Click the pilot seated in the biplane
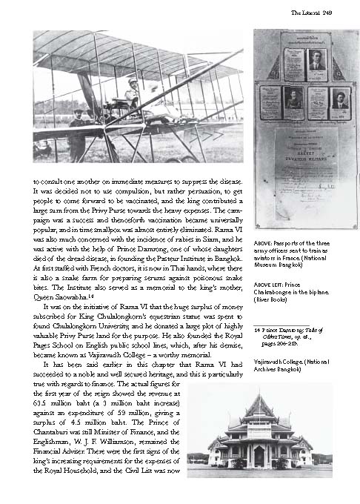tap(133, 95)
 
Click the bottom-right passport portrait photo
tap(340, 98)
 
